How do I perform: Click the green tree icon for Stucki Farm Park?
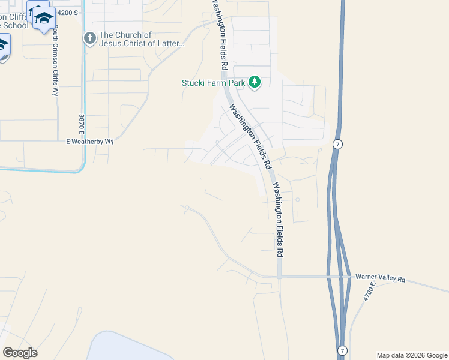(x=255, y=82)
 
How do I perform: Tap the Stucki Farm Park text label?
(x=214, y=83)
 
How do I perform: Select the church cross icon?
(x=90, y=39)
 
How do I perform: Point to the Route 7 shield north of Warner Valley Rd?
(x=339, y=145)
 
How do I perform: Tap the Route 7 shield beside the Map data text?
(x=341, y=350)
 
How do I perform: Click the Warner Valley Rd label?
(x=381, y=279)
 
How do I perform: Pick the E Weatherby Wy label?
(x=89, y=142)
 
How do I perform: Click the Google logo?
(x=20, y=352)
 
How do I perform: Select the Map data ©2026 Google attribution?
(x=412, y=355)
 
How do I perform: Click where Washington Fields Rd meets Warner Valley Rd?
(x=280, y=277)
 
